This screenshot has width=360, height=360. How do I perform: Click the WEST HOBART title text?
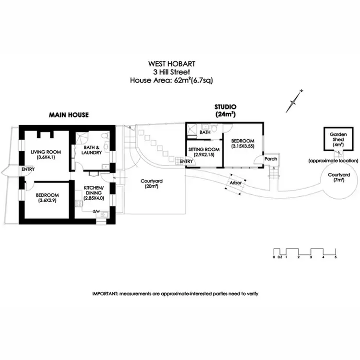coord(171,63)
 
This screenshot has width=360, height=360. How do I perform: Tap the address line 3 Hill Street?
coord(171,72)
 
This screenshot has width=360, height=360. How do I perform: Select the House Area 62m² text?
coord(171,80)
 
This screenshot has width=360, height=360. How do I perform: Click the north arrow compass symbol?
coord(294,101)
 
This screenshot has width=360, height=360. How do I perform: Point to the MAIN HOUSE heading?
coord(69,115)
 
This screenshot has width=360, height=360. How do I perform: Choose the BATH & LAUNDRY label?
coord(91,150)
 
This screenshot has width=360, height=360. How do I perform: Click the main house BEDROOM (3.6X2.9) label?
coord(47,197)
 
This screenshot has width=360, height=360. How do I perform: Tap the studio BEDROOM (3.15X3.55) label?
coord(243,143)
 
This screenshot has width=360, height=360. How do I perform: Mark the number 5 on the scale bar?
coord(336,258)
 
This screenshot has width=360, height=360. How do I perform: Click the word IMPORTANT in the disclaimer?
coord(105,293)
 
